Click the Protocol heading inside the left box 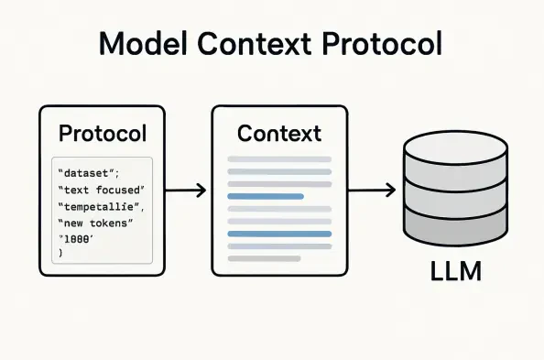click(102, 134)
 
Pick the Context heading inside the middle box click(279, 134)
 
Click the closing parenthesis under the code click(60, 253)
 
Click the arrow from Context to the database click(372, 191)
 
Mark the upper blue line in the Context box click(266, 196)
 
